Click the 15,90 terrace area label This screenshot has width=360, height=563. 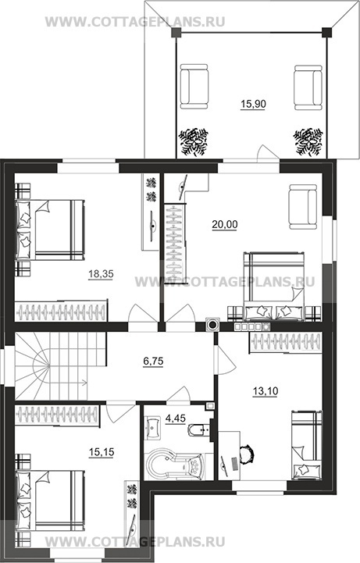[253, 104]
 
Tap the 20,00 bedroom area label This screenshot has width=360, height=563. [225, 224]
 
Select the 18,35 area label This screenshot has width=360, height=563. [101, 274]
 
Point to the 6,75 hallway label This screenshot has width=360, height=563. [153, 362]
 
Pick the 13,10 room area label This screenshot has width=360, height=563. [266, 391]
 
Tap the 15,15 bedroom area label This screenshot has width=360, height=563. [102, 452]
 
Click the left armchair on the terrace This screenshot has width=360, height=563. [194, 87]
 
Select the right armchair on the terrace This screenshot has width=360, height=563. [308, 87]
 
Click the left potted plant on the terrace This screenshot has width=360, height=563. [194, 142]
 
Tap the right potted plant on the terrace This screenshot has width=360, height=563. [308, 142]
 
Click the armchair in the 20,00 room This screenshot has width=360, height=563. [303, 207]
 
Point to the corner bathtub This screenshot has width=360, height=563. [174, 465]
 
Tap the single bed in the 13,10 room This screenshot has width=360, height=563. [307, 445]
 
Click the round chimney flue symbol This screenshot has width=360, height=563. [213, 325]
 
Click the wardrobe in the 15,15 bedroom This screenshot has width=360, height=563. [58, 415]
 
